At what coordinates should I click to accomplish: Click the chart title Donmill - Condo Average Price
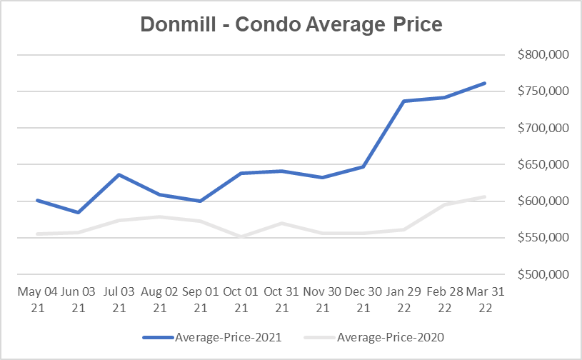coord(291,24)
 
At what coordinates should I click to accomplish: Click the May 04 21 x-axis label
coord(36,300)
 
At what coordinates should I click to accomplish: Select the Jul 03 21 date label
coord(118,300)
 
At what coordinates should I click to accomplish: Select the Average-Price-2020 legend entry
coord(381,336)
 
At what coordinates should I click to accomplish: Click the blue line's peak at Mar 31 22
coord(485,83)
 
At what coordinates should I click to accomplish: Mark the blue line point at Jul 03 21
coord(118,174)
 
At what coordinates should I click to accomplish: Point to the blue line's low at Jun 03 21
coord(77,212)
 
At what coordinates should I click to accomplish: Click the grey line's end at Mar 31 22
coord(485,196)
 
